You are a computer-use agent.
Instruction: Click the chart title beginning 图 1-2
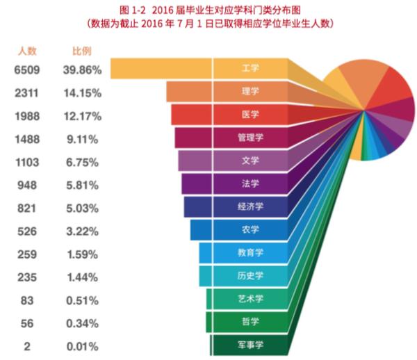click(x=208, y=9)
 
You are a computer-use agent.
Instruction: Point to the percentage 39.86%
click(x=83, y=70)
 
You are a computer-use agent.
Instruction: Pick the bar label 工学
click(x=250, y=69)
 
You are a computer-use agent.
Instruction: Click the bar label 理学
click(x=250, y=92)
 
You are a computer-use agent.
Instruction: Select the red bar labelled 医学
click(x=229, y=115)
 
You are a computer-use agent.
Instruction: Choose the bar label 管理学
click(x=250, y=138)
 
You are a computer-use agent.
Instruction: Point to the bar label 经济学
click(x=250, y=207)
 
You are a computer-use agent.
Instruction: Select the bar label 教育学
click(x=250, y=253)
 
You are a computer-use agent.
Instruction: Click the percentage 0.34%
click(x=83, y=322)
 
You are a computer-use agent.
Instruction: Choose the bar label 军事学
click(x=250, y=345)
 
